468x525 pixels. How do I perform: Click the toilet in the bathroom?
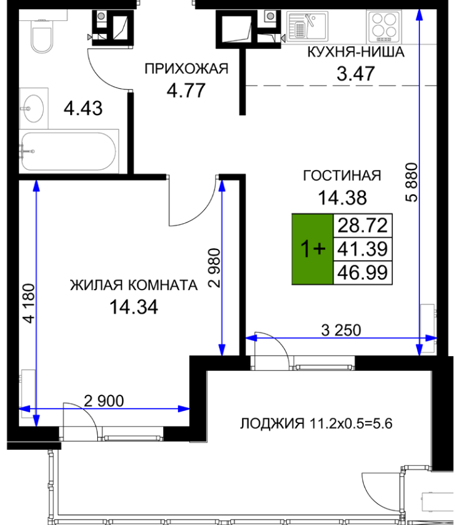point(42,36)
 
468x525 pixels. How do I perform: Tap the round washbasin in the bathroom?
point(33,108)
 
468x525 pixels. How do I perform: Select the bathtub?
point(68,151)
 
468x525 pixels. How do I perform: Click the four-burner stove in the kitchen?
point(384,26)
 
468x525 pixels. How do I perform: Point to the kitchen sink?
point(307,25)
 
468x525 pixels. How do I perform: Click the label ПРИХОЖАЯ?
point(187,68)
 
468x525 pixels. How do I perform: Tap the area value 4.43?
point(83,108)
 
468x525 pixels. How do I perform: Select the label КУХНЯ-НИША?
point(355,52)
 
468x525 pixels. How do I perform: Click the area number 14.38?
point(342,198)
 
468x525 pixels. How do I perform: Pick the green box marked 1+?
point(312,249)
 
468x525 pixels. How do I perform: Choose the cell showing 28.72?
point(363,226)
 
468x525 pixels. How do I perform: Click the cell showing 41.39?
point(363,249)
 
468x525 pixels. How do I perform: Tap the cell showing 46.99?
point(363,272)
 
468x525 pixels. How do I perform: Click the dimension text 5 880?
point(411,182)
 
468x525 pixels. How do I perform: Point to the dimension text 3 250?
point(341,330)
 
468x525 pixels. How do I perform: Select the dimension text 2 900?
point(103,401)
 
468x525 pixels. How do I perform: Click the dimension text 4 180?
point(29,303)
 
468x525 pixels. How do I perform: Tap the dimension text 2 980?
point(214,268)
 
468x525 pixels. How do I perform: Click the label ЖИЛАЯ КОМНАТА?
point(134,285)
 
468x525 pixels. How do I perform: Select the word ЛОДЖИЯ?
point(272,424)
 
